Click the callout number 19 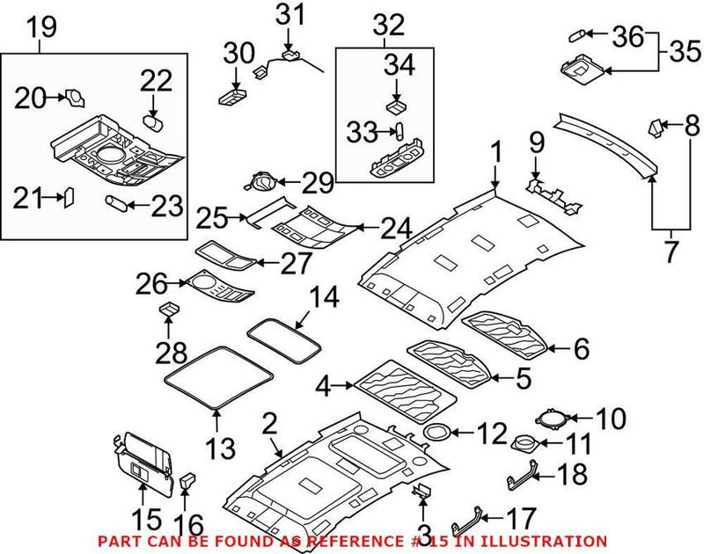click(40, 26)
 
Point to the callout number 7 click(671, 251)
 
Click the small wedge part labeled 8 click(656, 127)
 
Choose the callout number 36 click(627, 36)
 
